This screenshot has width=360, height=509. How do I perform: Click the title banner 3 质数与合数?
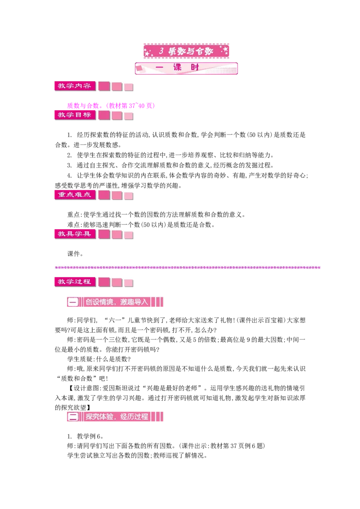(x=186, y=51)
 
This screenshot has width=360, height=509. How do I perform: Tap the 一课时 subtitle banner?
(x=186, y=68)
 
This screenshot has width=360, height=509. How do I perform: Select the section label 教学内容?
(x=75, y=86)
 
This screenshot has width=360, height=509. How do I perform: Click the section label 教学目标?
(x=75, y=115)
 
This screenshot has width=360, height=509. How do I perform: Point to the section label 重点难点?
(x=75, y=195)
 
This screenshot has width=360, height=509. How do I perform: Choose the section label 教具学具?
(x=75, y=234)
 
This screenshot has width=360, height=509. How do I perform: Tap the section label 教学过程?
(x=75, y=282)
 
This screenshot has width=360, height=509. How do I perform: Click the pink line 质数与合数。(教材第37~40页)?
(x=111, y=106)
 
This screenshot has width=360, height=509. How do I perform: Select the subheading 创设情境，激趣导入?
(x=117, y=302)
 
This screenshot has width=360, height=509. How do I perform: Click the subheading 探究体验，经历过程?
(x=117, y=417)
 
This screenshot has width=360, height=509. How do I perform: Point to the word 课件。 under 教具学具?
(x=75, y=254)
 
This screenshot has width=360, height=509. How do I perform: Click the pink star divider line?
(x=188, y=268)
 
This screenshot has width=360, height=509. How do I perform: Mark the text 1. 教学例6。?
(x=85, y=436)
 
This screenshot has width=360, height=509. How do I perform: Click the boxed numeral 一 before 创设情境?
(x=73, y=302)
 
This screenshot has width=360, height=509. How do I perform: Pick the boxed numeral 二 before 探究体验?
(x=73, y=417)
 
